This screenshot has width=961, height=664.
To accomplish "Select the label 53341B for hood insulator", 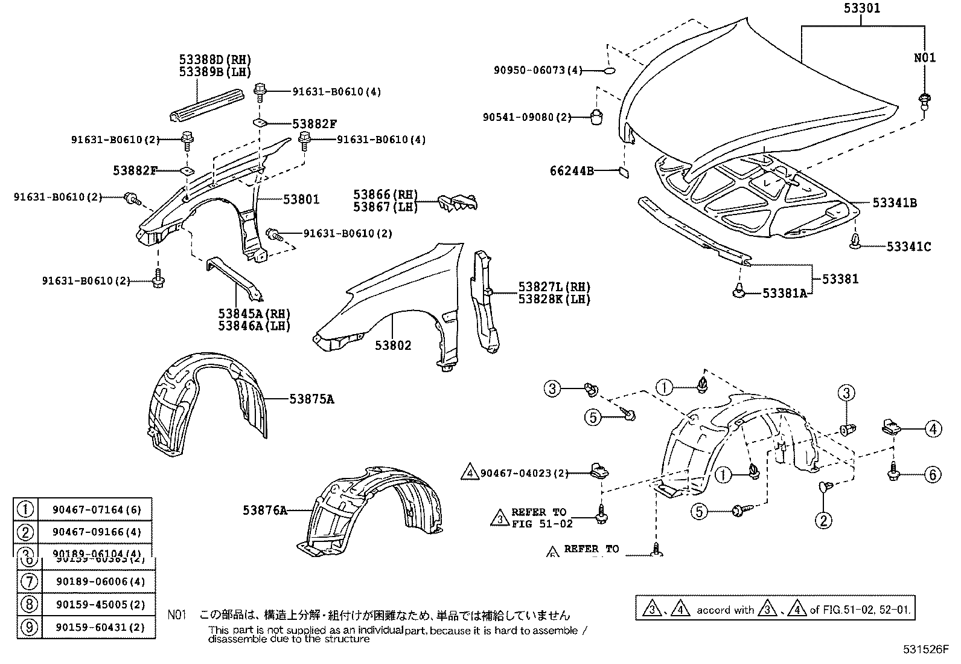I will click(x=894, y=203).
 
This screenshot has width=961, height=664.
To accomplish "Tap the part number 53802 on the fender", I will click(x=393, y=346).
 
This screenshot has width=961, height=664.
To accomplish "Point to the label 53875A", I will click(x=311, y=399).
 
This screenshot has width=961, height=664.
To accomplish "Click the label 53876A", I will click(x=265, y=511).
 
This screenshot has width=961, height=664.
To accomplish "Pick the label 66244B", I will click(x=572, y=171).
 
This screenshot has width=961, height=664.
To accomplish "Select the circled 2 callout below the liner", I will click(x=823, y=520).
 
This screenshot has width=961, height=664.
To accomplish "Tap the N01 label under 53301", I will click(x=924, y=57).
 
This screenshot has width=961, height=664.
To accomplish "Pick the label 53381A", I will click(x=784, y=293).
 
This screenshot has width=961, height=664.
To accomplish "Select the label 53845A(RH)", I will click(x=254, y=314).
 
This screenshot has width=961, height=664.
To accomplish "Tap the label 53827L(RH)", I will click(x=554, y=287).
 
